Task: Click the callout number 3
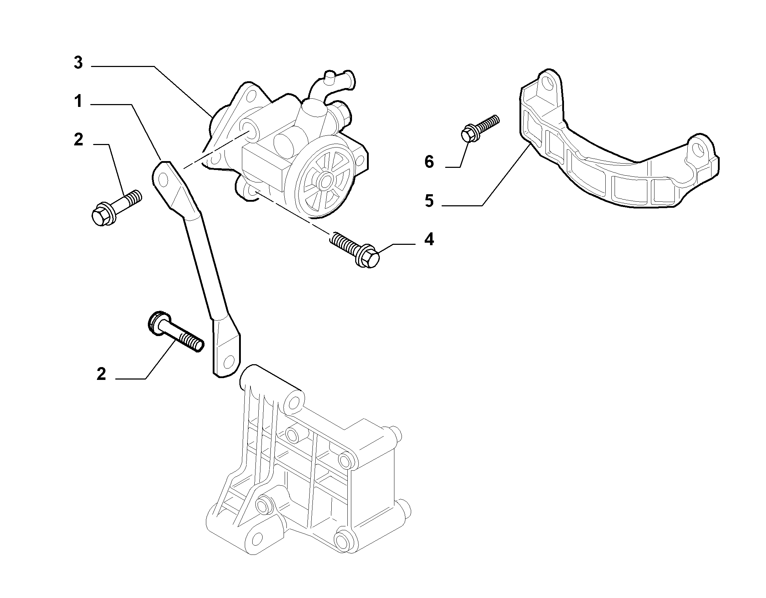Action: tap(78, 63)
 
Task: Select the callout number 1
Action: tap(78, 102)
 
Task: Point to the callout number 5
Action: tap(429, 201)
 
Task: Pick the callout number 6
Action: tap(429, 162)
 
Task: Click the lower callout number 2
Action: tap(102, 374)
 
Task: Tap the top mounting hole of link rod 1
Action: tap(163, 179)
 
